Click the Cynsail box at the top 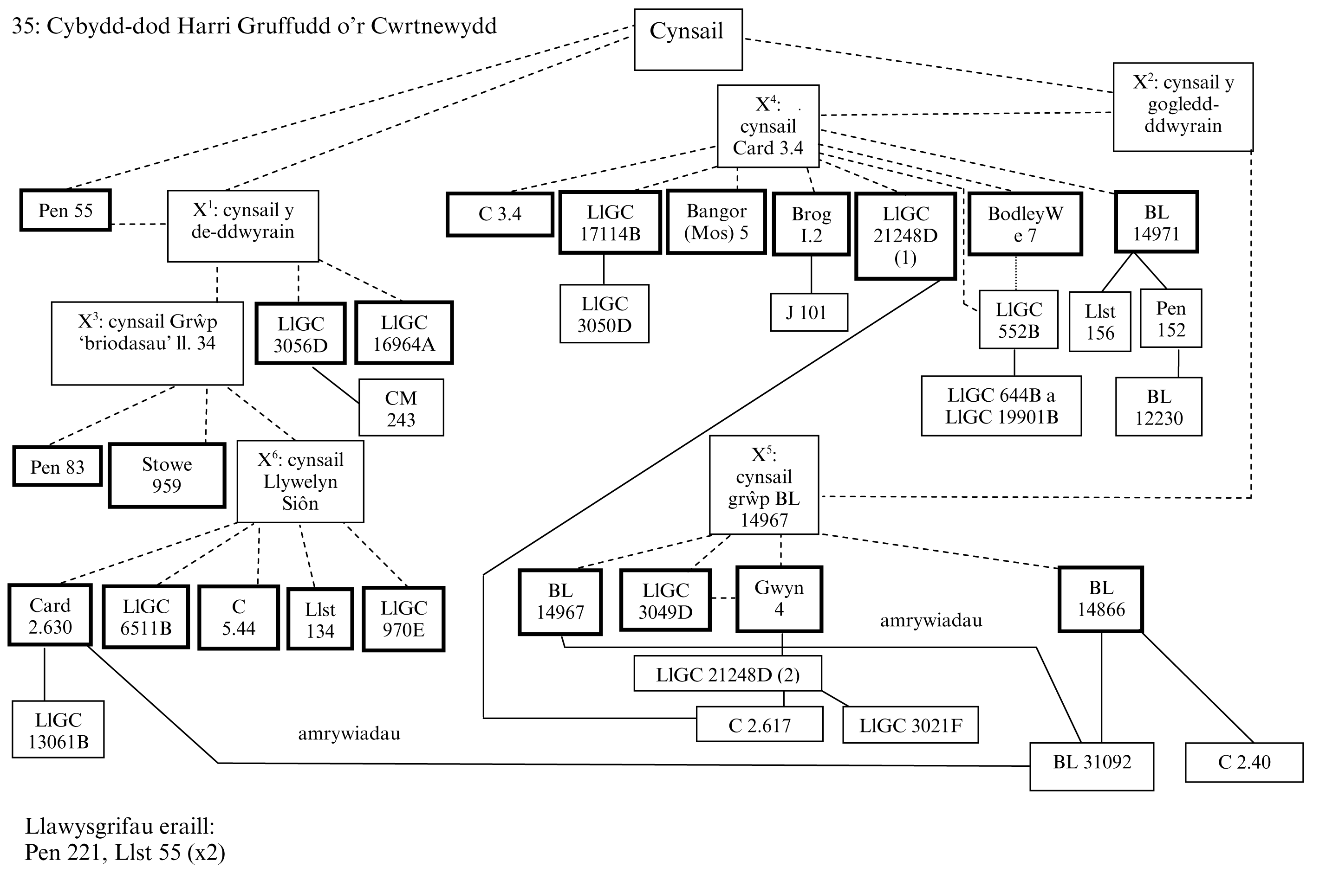tap(688, 39)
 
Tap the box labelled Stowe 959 tap(167, 475)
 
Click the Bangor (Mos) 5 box tap(716, 222)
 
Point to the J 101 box tap(808, 312)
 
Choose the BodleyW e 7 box tap(1025, 224)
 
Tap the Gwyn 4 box tap(779, 599)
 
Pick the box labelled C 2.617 tap(759, 725)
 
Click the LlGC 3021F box tap(910, 725)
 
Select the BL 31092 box tap(1091, 766)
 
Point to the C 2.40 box tap(1243, 762)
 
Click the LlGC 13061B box tap(58, 730)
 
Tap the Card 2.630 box tap(50, 615)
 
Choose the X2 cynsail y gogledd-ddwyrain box tap(1183, 107)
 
